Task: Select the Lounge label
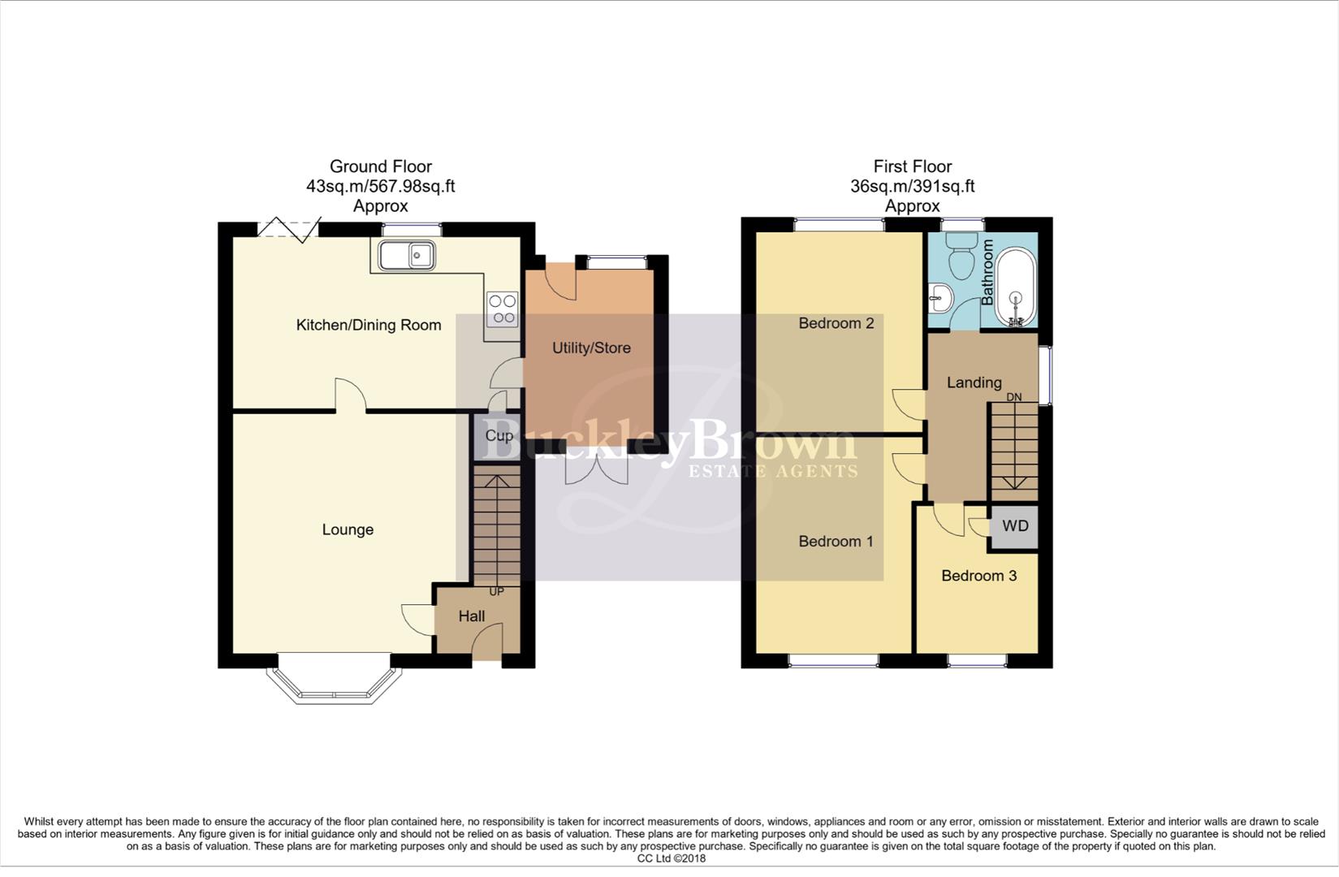348,529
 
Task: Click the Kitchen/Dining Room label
369,325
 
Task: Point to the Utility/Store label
591,348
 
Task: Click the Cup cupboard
498,436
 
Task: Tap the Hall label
472,616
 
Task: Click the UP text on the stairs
495,591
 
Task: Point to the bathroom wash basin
940,297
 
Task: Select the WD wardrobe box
1015,526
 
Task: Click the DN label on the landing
1014,397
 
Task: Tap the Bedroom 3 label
978,576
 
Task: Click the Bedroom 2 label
836,323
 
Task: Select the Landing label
974,382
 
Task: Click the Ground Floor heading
380,166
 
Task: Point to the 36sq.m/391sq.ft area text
912,186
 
